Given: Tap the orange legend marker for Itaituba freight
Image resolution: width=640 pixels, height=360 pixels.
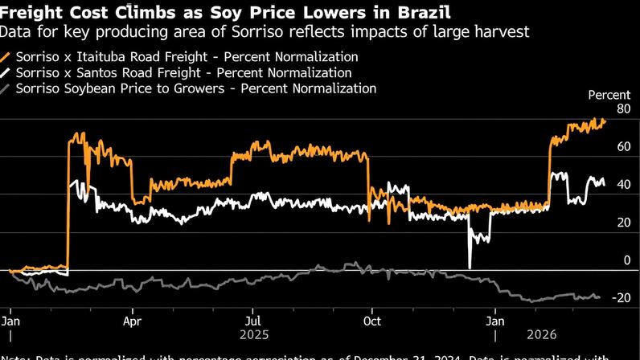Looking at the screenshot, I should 6,58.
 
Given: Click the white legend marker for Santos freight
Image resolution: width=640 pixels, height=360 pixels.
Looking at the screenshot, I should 6,73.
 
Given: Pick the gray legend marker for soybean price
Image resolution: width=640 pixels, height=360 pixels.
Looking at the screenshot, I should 6,88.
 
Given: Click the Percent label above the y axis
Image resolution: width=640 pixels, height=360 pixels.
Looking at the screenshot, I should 609,95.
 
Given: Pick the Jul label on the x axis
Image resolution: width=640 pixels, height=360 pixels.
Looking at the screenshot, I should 251,318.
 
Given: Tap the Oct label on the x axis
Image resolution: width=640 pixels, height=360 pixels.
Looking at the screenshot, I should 372,318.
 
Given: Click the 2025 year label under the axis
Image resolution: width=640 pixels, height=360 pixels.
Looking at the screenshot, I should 251,333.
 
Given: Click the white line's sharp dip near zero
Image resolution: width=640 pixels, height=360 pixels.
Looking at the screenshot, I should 470,265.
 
